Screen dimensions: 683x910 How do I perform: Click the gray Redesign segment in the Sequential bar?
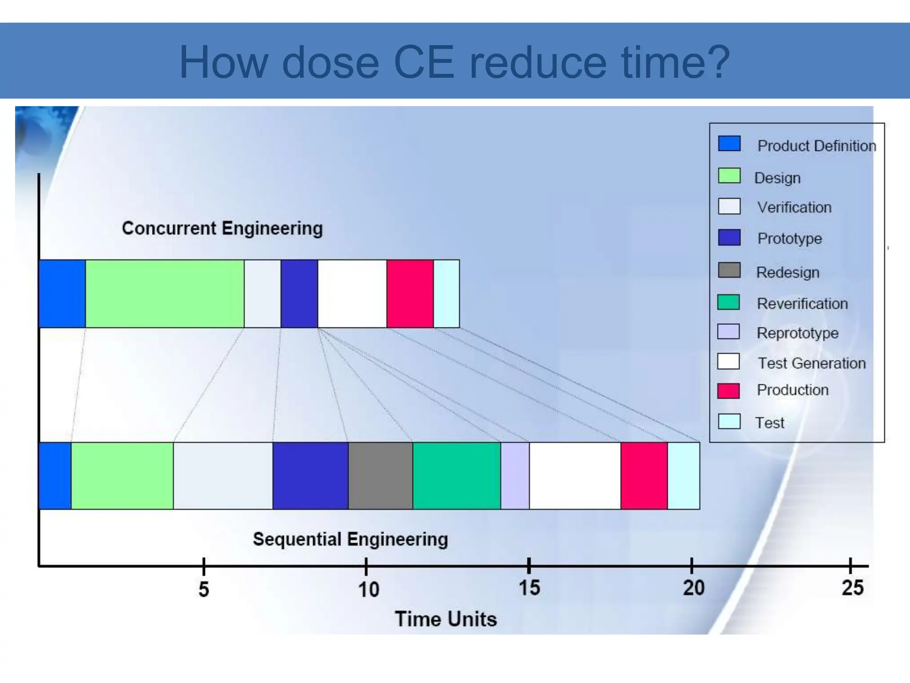click(x=380, y=475)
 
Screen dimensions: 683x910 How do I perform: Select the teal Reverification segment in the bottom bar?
click(x=456, y=475)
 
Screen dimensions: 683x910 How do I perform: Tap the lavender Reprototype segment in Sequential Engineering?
click(x=515, y=475)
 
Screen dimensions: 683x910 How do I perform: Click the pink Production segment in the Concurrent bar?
click(x=410, y=293)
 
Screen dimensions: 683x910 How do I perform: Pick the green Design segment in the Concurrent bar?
click(x=164, y=293)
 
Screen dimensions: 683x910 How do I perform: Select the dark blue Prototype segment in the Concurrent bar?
click(x=299, y=293)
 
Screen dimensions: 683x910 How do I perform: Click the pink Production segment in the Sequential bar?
click(x=644, y=475)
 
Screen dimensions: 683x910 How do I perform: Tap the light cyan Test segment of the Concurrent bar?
click(x=446, y=293)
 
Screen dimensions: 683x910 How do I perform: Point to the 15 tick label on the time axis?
click(x=529, y=588)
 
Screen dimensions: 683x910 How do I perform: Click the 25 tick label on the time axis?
click(x=852, y=588)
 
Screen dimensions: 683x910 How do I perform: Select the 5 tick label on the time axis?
click(x=204, y=589)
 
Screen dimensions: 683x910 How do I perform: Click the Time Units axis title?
click(x=446, y=619)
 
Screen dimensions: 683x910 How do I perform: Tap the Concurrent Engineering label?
click(x=222, y=228)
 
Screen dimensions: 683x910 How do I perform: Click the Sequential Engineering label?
click(x=350, y=539)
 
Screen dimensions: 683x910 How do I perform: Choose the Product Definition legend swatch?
click(x=729, y=144)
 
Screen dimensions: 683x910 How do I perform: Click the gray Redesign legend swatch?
click(x=729, y=270)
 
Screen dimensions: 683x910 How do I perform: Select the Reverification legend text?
click(x=802, y=304)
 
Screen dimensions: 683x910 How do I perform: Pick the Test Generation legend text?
click(x=811, y=363)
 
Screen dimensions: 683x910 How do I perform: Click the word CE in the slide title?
click(x=424, y=62)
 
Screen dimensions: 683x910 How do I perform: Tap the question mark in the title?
click(x=716, y=62)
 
